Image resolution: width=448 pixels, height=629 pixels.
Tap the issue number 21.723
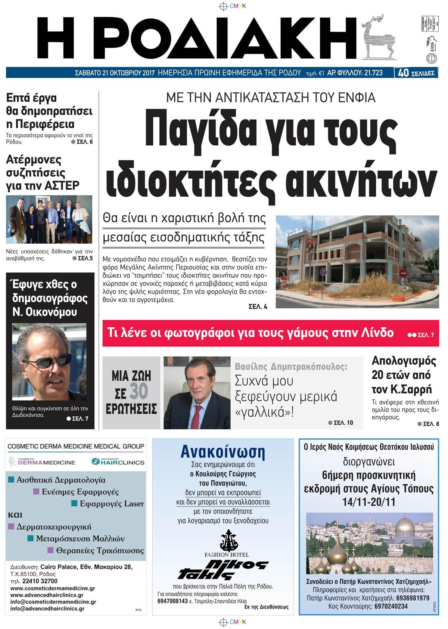pyautogui.click(x=372, y=73)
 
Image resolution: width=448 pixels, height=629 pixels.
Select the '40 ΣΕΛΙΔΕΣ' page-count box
pyautogui.click(x=416, y=73)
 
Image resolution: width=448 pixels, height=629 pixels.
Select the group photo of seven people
pyautogui.click(x=49, y=219)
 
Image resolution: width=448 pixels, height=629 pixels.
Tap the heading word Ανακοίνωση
pyautogui.click(x=223, y=451)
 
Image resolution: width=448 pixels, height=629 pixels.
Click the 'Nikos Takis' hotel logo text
pyautogui.click(x=223, y=569)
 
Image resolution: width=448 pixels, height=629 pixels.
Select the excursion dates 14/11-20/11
pyautogui.click(x=369, y=502)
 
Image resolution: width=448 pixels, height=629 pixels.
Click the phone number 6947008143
pyautogui.click(x=172, y=601)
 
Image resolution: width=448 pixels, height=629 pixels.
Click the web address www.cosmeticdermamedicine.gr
pyautogui.click(x=53, y=588)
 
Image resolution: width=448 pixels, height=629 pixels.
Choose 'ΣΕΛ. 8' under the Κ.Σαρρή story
pyautogui.click(x=430, y=424)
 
